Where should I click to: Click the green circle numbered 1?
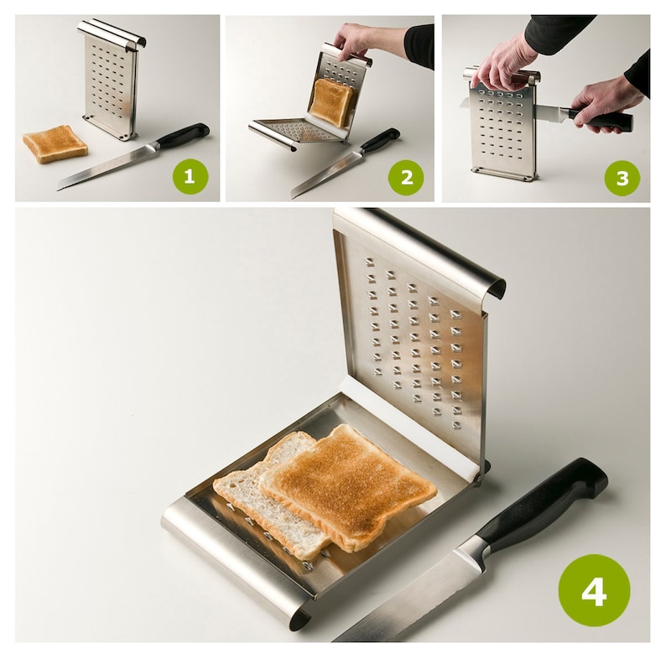pyautogui.click(x=190, y=177)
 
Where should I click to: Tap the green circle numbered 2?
pyautogui.click(x=405, y=177)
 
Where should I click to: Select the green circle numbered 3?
pyautogui.click(x=622, y=177)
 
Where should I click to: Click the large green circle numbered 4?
pyautogui.click(x=594, y=590)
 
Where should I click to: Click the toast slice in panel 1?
pyautogui.click(x=55, y=143)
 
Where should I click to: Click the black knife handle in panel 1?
pyautogui.click(x=182, y=136)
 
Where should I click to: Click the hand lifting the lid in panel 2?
pyautogui.click(x=353, y=39)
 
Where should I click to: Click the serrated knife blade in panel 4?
pyautogui.click(x=411, y=599)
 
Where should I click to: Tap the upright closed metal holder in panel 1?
pyautogui.click(x=112, y=80)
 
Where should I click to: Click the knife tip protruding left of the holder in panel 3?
pyautogui.click(x=464, y=103)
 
